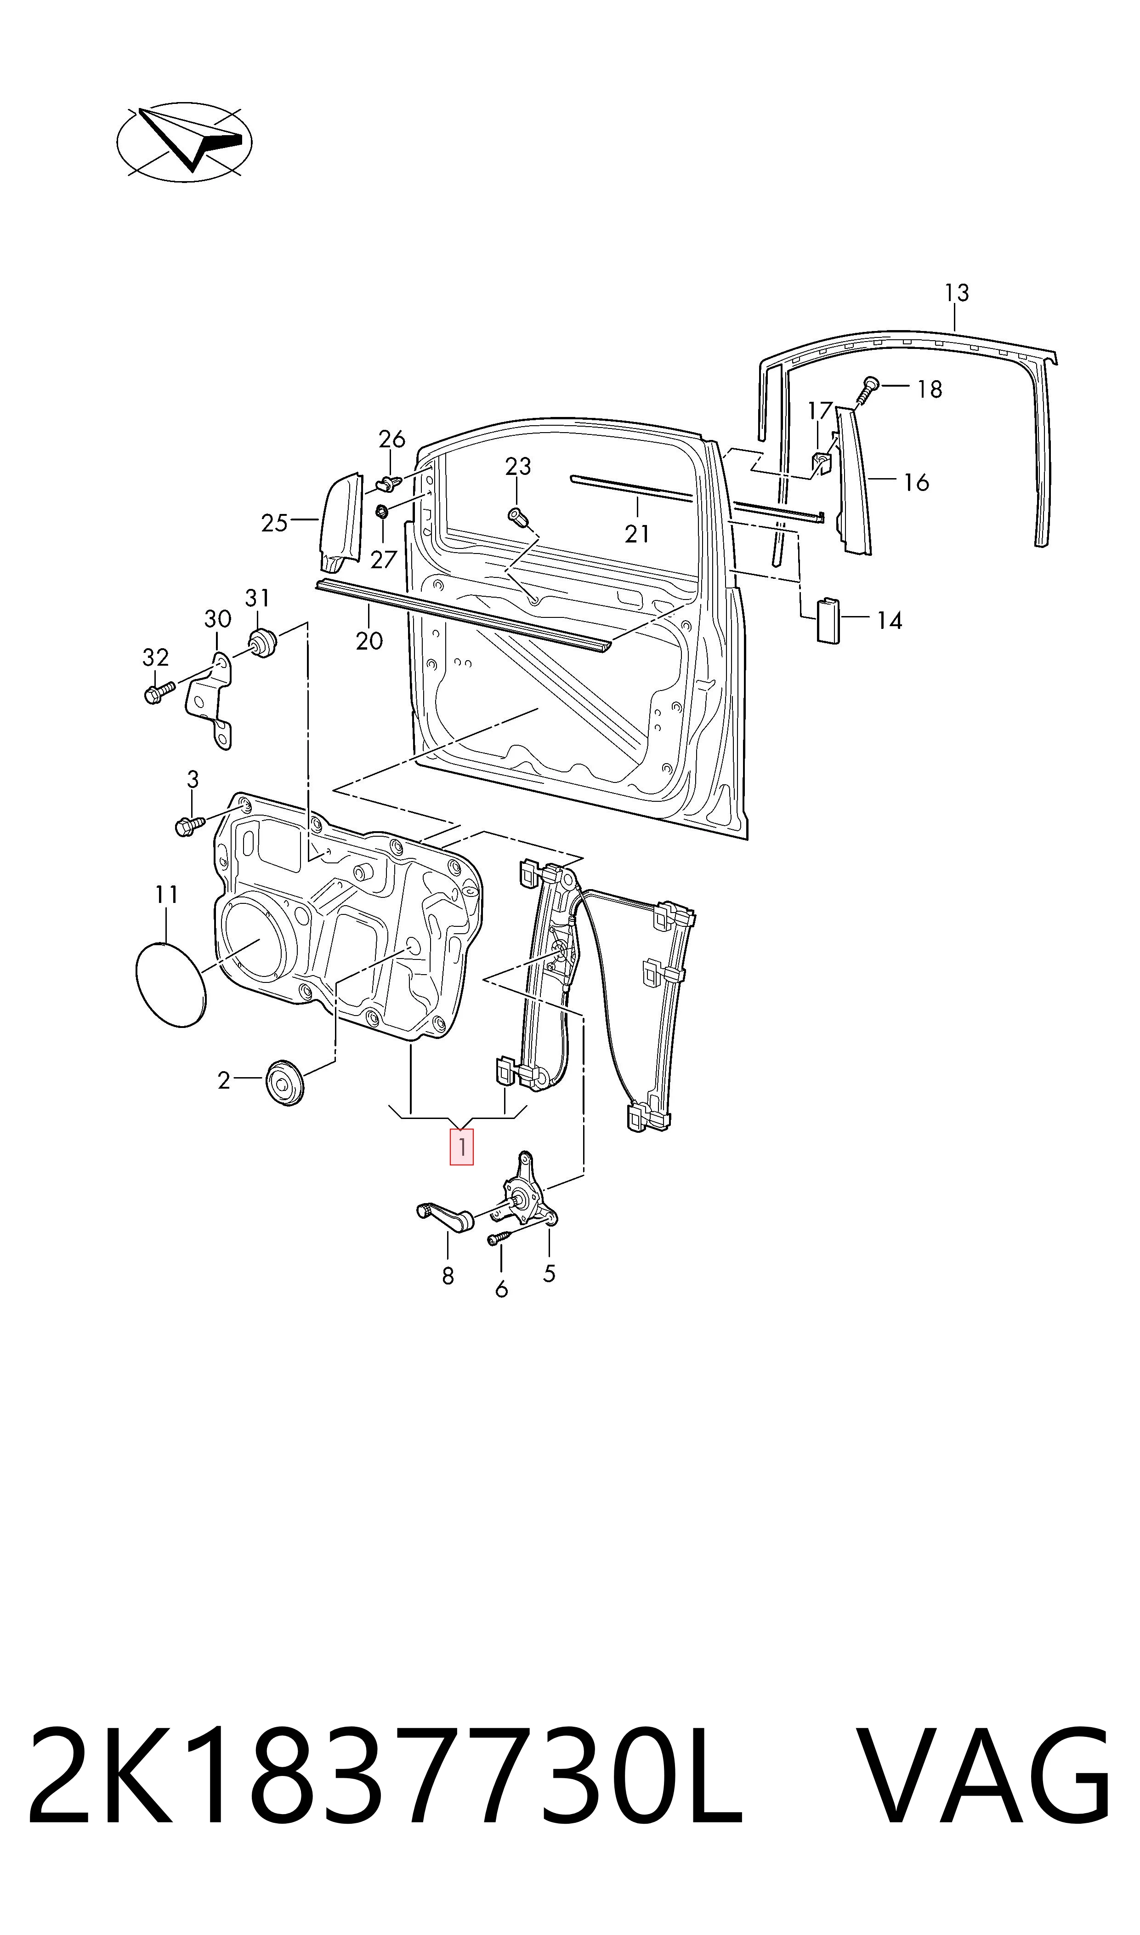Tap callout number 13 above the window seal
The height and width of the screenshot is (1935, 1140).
pos(956,293)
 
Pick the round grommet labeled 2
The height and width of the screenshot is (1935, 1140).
pos(284,1084)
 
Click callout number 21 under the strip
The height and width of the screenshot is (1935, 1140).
pos(637,533)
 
